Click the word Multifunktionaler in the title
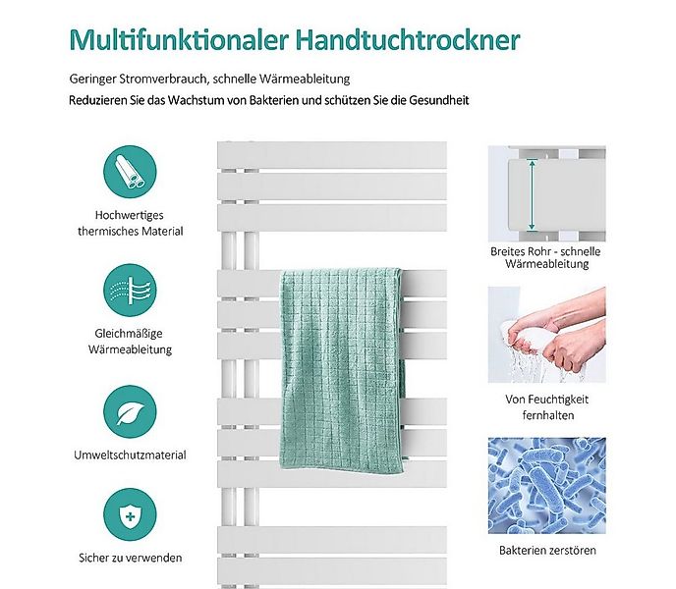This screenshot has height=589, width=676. click(x=172, y=40)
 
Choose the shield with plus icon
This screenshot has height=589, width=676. click(x=130, y=516)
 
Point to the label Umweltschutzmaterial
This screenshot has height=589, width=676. click(x=130, y=455)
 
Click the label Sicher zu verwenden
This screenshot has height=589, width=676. click(x=130, y=558)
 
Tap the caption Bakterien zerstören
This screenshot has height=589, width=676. click(x=547, y=551)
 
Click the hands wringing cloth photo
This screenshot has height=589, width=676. click(x=547, y=335)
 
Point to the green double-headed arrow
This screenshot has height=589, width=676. click(x=532, y=193)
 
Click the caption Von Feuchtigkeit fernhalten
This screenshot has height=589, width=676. click(x=547, y=407)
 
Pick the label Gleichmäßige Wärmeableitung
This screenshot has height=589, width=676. click(x=130, y=342)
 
